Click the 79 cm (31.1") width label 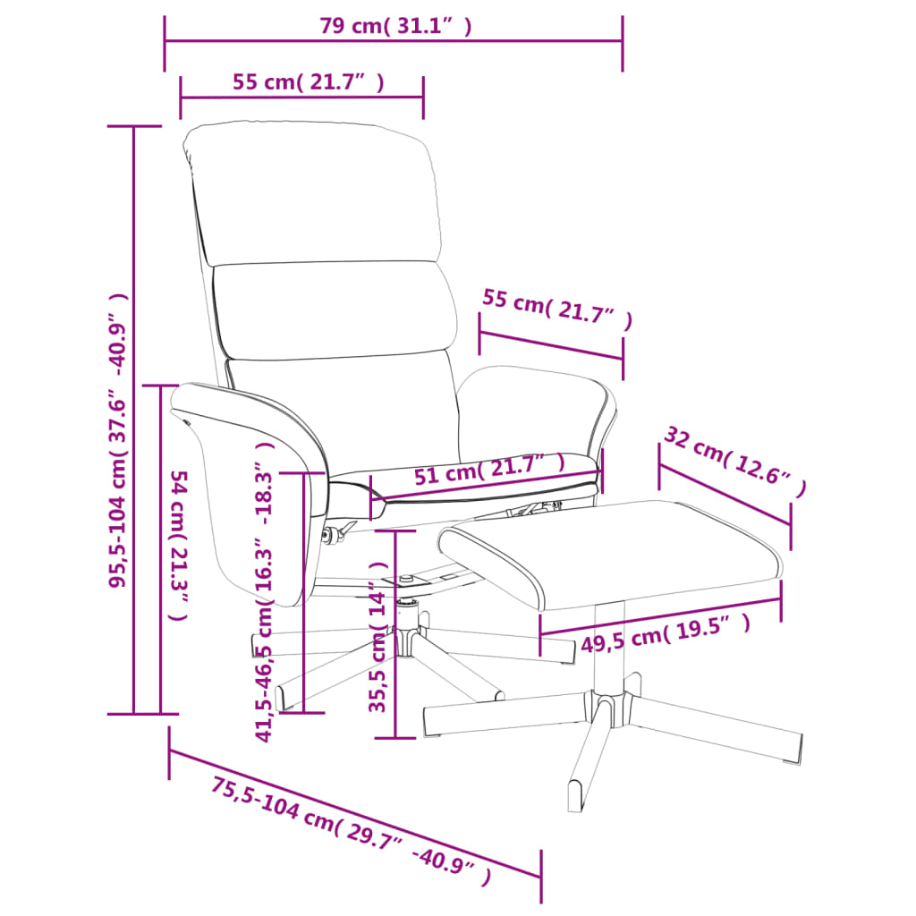395,26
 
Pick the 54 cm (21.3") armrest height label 180,546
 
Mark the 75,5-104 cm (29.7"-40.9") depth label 352,832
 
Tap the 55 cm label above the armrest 556,309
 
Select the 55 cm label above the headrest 309,82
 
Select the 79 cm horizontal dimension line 394,41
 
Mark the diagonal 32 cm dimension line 725,494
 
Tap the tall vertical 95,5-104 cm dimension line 134,420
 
